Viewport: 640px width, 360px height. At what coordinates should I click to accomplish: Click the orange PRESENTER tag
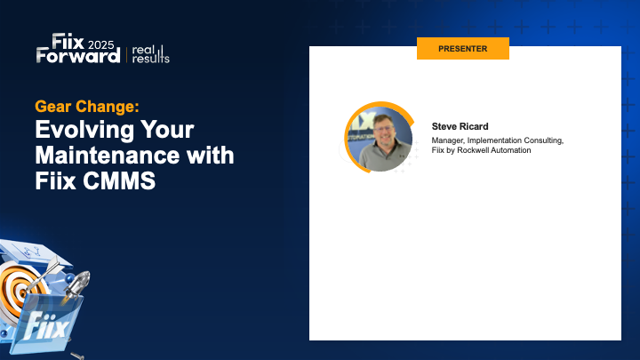tap(462, 49)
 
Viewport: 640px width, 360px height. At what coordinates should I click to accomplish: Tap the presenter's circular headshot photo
tap(378, 139)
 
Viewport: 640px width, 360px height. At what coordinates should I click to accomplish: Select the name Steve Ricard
tap(460, 126)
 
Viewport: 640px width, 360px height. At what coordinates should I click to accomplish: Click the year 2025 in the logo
tap(100, 42)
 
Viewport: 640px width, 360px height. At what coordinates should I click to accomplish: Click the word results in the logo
tap(150, 59)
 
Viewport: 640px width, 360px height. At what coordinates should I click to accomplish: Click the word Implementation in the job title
tap(493, 140)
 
